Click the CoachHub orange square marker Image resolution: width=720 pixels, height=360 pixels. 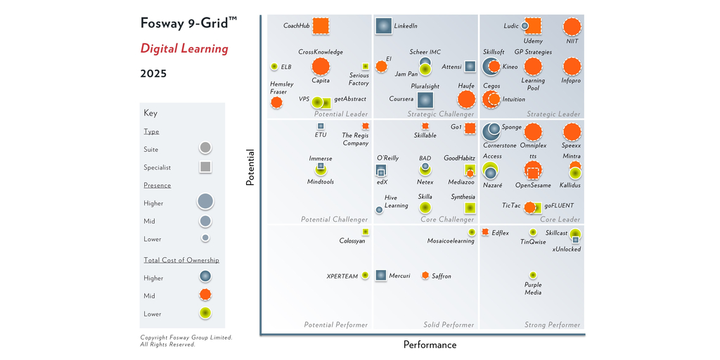[321, 26]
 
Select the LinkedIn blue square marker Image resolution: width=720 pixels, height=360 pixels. [383, 26]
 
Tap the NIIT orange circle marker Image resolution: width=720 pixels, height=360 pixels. [572, 27]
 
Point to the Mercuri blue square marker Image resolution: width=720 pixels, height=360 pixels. [381, 276]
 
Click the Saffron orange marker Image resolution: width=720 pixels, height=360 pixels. [425, 276]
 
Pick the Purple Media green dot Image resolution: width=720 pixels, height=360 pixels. [533, 275]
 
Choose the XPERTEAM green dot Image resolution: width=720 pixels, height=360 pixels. [365, 276]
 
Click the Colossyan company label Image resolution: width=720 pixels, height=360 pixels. [352, 241]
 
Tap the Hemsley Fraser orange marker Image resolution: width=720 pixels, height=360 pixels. [276, 103]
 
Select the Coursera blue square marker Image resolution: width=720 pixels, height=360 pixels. [425, 100]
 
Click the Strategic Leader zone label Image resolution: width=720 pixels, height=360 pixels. [553, 114]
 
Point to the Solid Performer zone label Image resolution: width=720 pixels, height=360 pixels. [449, 325]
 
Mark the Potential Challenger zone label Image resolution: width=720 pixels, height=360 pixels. [334, 219]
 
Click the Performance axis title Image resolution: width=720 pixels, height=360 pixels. [430, 345]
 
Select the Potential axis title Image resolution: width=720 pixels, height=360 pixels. [250, 167]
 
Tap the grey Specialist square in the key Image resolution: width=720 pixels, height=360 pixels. [205, 167]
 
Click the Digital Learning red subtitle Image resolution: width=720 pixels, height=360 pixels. [184, 49]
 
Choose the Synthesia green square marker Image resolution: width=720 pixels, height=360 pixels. [468, 208]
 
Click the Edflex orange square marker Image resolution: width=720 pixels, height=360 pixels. [485, 232]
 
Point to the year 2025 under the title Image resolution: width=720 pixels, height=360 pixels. [153, 73]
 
